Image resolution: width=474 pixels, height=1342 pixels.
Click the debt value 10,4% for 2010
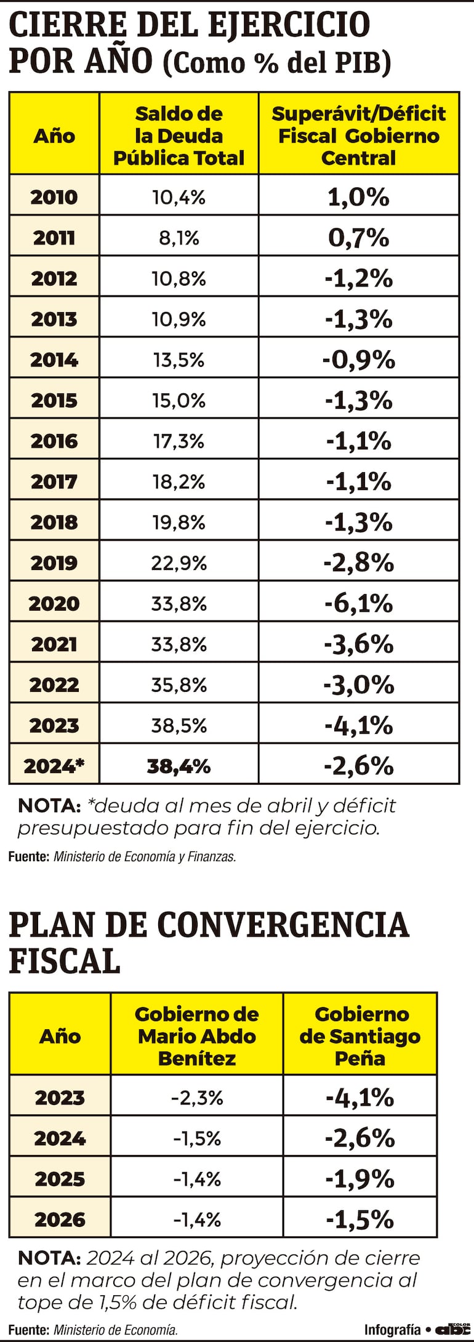179,197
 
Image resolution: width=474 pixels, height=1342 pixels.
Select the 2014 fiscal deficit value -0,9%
358,360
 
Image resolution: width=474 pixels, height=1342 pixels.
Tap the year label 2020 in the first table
54,603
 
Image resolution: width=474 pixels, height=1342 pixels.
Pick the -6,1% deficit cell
358,603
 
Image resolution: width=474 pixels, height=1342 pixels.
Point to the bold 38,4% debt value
179,766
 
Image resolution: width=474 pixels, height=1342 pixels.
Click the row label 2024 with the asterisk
54,766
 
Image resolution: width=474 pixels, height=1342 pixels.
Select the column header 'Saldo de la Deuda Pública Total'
179,135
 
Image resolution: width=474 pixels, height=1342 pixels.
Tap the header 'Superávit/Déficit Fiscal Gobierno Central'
358,135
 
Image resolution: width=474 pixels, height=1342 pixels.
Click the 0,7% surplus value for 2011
358,238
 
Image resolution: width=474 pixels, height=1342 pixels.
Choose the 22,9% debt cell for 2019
179,563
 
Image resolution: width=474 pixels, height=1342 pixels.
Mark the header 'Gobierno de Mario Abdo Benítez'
196,1036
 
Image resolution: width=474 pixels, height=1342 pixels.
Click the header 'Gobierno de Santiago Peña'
360,1036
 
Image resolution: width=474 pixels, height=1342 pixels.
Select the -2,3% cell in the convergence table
196,1098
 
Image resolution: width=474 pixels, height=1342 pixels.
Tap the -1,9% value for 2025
360,1179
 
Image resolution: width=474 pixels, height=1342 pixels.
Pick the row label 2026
60,1219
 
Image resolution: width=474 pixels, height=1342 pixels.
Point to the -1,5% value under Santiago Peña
360,1219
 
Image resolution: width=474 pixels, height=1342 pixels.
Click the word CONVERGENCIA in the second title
283,925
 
